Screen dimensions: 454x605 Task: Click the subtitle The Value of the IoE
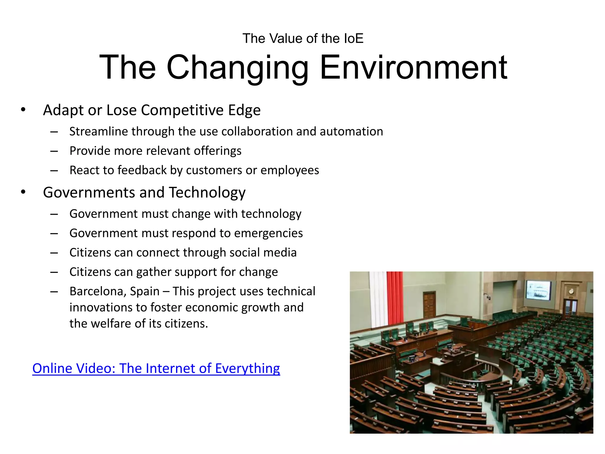click(x=303, y=38)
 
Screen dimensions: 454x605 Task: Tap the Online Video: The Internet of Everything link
click(x=156, y=368)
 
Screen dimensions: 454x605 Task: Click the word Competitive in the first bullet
click(x=182, y=110)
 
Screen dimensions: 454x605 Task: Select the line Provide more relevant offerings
click(x=155, y=151)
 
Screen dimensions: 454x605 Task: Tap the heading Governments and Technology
click(x=144, y=192)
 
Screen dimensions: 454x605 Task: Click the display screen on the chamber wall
click(x=538, y=290)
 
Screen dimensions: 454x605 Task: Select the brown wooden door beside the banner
click(x=430, y=304)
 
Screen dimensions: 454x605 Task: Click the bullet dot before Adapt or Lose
click(x=23, y=110)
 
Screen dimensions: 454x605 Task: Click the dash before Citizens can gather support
click(x=54, y=272)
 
